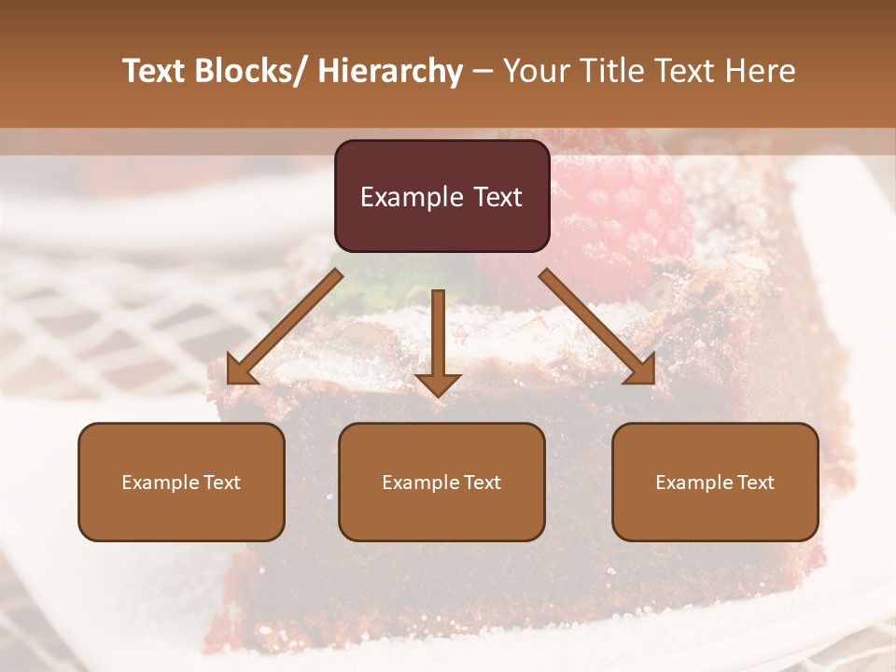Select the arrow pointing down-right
coord(598,327)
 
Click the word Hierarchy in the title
coord(390,71)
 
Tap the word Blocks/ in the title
coord(255,71)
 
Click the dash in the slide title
coord(483,71)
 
